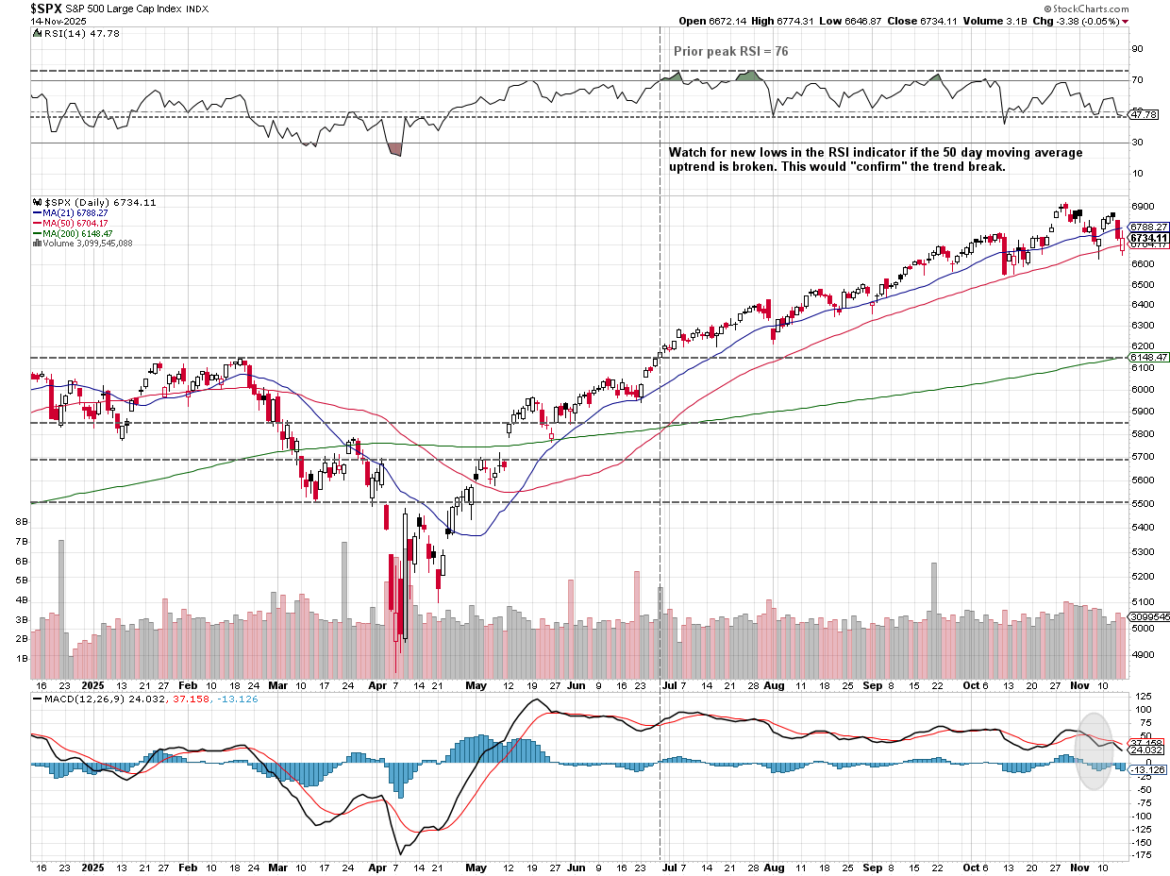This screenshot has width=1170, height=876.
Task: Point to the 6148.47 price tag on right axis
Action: pyautogui.click(x=1148, y=358)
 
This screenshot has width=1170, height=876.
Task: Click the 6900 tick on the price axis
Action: pyautogui.click(x=1144, y=206)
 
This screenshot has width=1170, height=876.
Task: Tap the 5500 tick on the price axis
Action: pyautogui.click(x=1144, y=503)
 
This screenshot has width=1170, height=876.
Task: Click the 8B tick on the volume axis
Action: pyautogui.click(x=21, y=521)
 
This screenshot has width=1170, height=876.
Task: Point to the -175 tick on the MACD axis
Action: pyautogui.click(x=1144, y=856)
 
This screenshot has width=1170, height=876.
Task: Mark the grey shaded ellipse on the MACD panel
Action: pyautogui.click(x=1095, y=750)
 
